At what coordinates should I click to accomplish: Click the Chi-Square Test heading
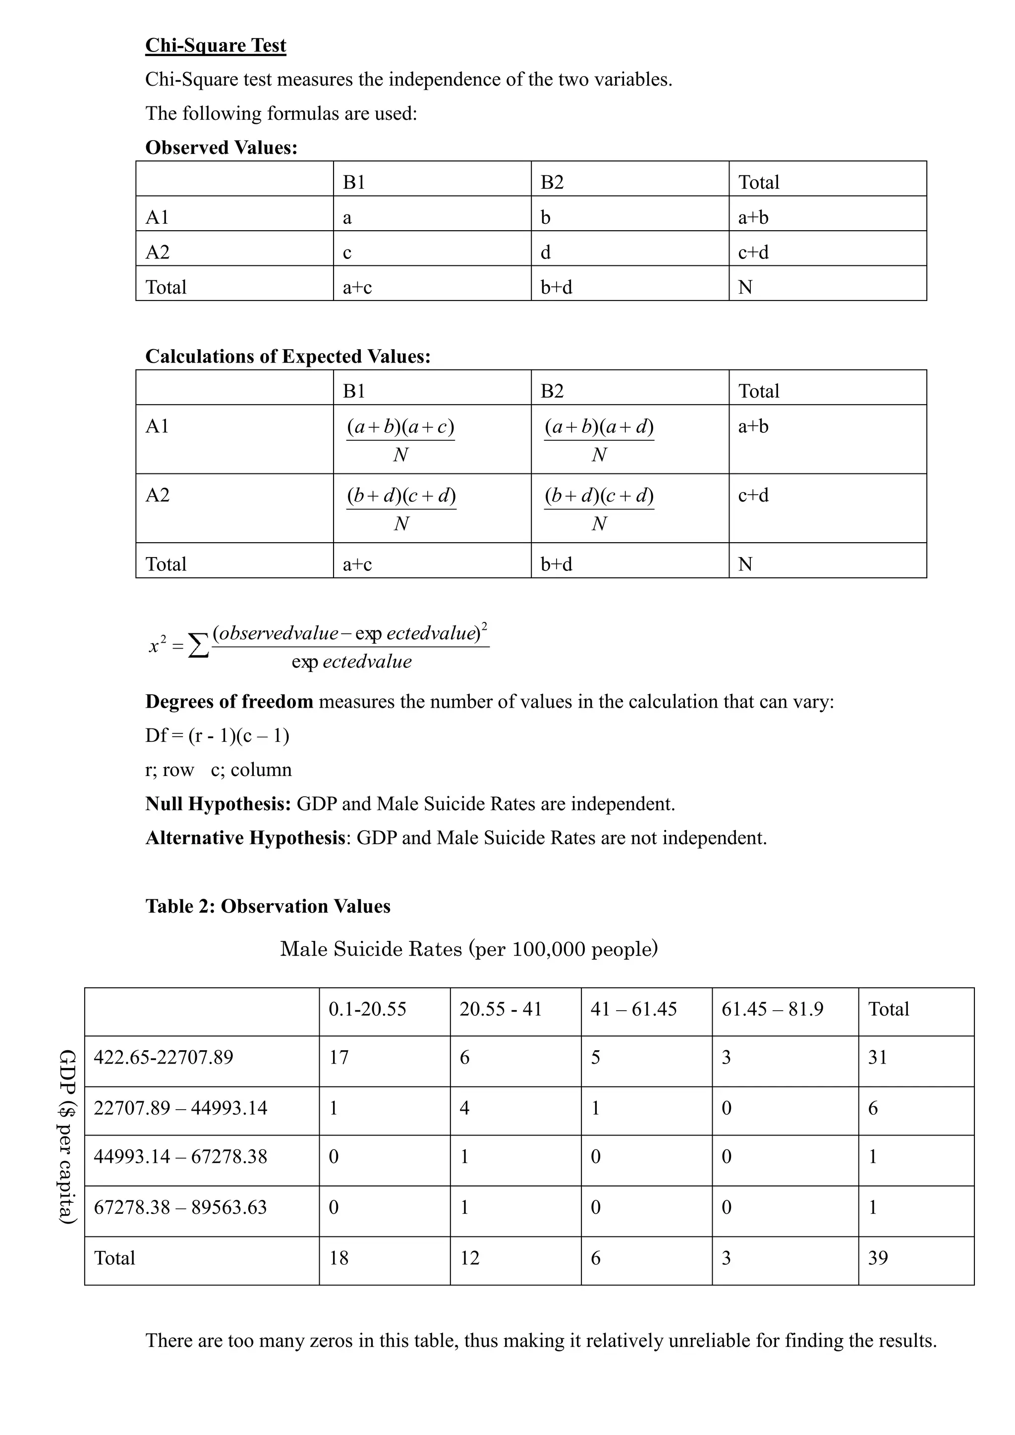pos(215,46)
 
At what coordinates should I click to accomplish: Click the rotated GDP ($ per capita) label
pos(67,1137)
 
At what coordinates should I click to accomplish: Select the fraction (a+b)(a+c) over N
pos(400,439)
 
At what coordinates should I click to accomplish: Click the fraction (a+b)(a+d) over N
pos(599,439)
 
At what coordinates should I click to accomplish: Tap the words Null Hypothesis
pos(218,803)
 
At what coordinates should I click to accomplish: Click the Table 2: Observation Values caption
pos(268,906)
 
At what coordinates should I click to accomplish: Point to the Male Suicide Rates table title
pos(468,949)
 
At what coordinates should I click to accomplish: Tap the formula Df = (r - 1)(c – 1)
pos(217,736)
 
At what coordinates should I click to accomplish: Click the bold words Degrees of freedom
pos(229,701)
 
